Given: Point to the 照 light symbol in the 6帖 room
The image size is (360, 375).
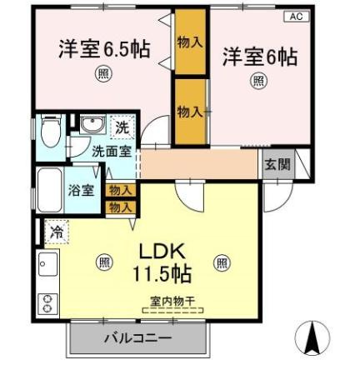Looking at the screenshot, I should tap(258, 81).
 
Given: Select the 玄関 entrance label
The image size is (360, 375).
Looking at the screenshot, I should tap(277, 164).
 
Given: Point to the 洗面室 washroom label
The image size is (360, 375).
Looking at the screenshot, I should tap(111, 152).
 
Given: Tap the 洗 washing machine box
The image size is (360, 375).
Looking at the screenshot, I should tap(121, 127).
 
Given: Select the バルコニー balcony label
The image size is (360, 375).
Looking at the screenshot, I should tap(137, 338).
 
